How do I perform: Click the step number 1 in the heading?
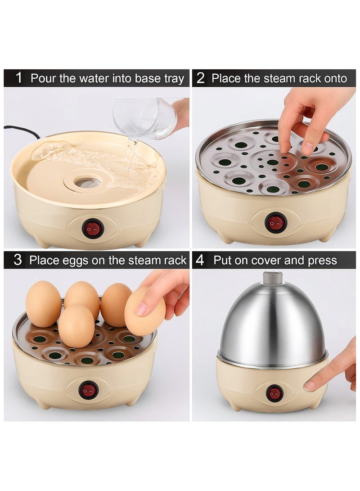[18, 78]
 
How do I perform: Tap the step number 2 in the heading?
[201, 78]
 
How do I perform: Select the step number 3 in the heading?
[18, 260]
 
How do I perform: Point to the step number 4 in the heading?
[200, 260]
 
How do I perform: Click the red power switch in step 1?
[93, 229]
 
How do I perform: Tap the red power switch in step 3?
[88, 390]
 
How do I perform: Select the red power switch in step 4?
[274, 393]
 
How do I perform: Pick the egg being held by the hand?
[144, 312]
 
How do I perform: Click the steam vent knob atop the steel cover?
[273, 277]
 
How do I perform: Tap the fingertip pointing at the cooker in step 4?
[310, 386]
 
